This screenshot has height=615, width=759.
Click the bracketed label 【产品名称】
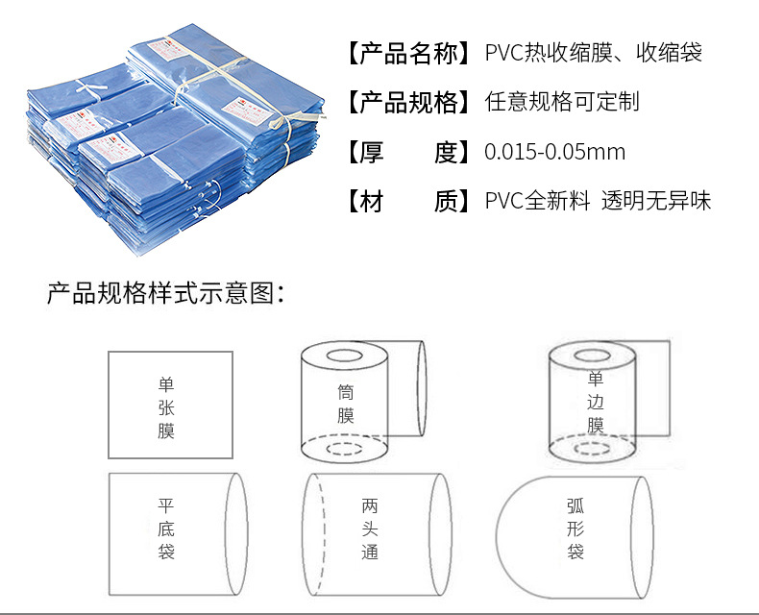pos(408,53)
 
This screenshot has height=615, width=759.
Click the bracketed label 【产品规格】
pos(408,103)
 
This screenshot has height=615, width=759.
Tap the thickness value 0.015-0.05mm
pos(554,152)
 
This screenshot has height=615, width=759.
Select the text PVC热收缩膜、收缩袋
pos(594,53)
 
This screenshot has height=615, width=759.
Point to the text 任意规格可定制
pos(562,102)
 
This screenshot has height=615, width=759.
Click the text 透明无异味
pos(656,201)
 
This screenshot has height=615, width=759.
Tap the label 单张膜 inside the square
pos(166,407)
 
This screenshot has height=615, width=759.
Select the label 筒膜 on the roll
pos(346,404)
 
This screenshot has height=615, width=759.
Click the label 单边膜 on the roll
pos(596,402)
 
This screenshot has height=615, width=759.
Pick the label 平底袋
pos(166,529)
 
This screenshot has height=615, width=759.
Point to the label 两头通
pos(370,529)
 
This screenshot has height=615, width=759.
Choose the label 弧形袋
pos(575,529)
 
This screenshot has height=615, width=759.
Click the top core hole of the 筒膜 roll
pos(344,357)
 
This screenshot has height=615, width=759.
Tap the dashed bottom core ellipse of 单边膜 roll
pos(592,448)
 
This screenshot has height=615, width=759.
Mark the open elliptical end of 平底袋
pos(236,534)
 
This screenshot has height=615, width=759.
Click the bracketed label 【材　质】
pos(408,202)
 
